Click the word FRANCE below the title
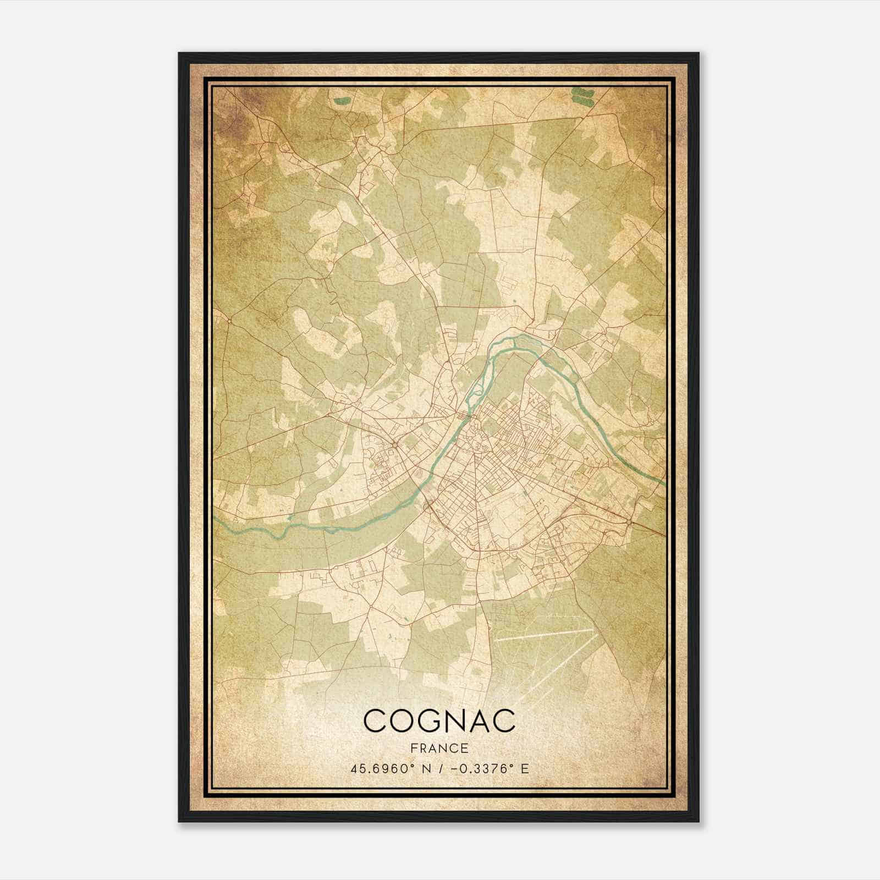439,748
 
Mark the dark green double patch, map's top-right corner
582,96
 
